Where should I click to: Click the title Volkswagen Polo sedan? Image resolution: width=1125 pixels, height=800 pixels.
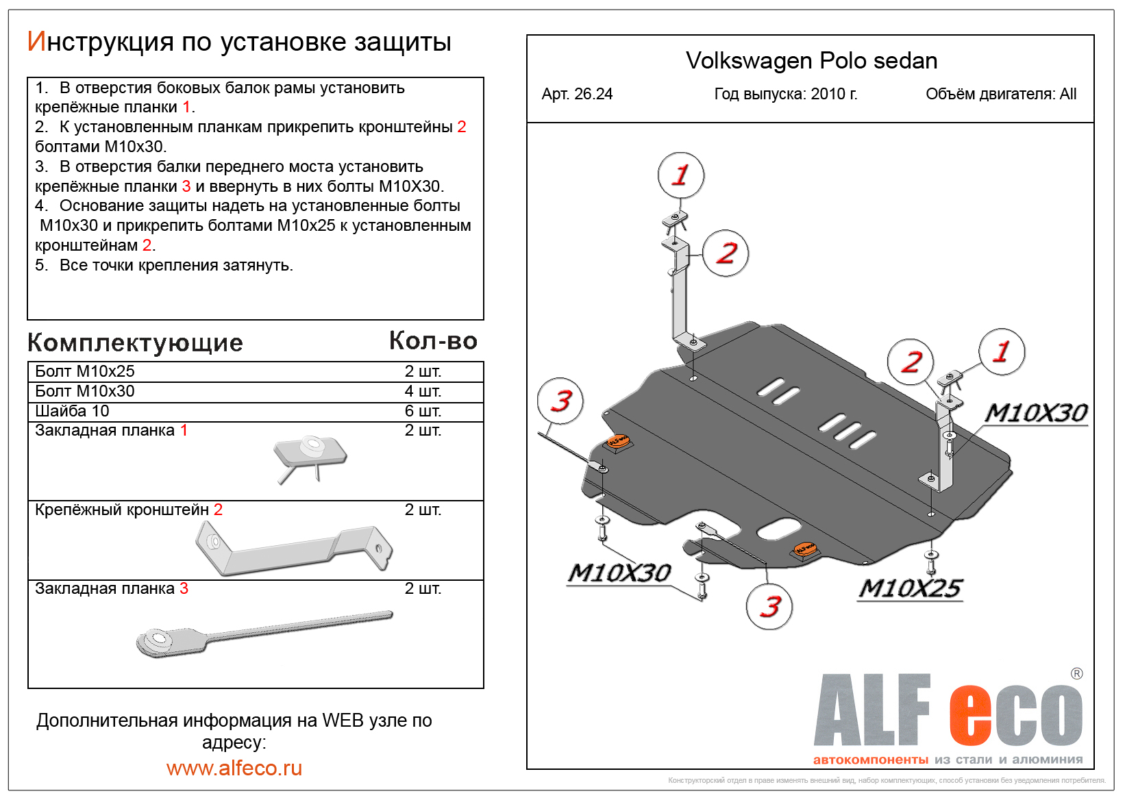(x=811, y=61)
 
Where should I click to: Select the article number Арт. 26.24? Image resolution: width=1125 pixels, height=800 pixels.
(x=577, y=95)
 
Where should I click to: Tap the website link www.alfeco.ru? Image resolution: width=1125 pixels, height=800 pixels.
(x=234, y=768)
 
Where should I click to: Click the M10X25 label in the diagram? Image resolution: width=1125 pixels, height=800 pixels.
(x=911, y=588)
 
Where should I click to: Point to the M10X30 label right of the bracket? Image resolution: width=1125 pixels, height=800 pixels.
(x=1036, y=412)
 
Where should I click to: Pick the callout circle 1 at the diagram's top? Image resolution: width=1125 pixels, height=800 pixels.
(x=680, y=175)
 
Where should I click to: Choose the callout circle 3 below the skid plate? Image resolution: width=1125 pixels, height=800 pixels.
(x=769, y=606)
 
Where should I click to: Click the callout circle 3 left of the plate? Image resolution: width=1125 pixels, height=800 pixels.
(x=560, y=401)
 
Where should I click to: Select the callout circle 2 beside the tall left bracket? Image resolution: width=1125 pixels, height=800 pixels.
(x=726, y=253)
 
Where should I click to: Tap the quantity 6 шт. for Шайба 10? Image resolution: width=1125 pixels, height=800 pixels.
(x=423, y=411)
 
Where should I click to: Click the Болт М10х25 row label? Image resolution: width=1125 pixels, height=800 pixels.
(x=85, y=371)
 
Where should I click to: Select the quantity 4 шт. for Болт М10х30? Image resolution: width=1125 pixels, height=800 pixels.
(x=423, y=391)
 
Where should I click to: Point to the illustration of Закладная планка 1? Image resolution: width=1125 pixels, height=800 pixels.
(x=310, y=455)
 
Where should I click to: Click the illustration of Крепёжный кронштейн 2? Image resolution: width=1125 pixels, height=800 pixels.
(x=293, y=548)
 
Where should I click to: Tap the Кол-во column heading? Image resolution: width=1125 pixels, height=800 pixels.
(x=433, y=341)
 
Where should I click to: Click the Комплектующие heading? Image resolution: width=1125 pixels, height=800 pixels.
(x=135, y=342)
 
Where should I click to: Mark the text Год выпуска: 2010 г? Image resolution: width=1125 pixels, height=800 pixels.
(x=786, y=95)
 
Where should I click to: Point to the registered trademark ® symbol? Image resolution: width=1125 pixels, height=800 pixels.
(x=1076, y=673)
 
